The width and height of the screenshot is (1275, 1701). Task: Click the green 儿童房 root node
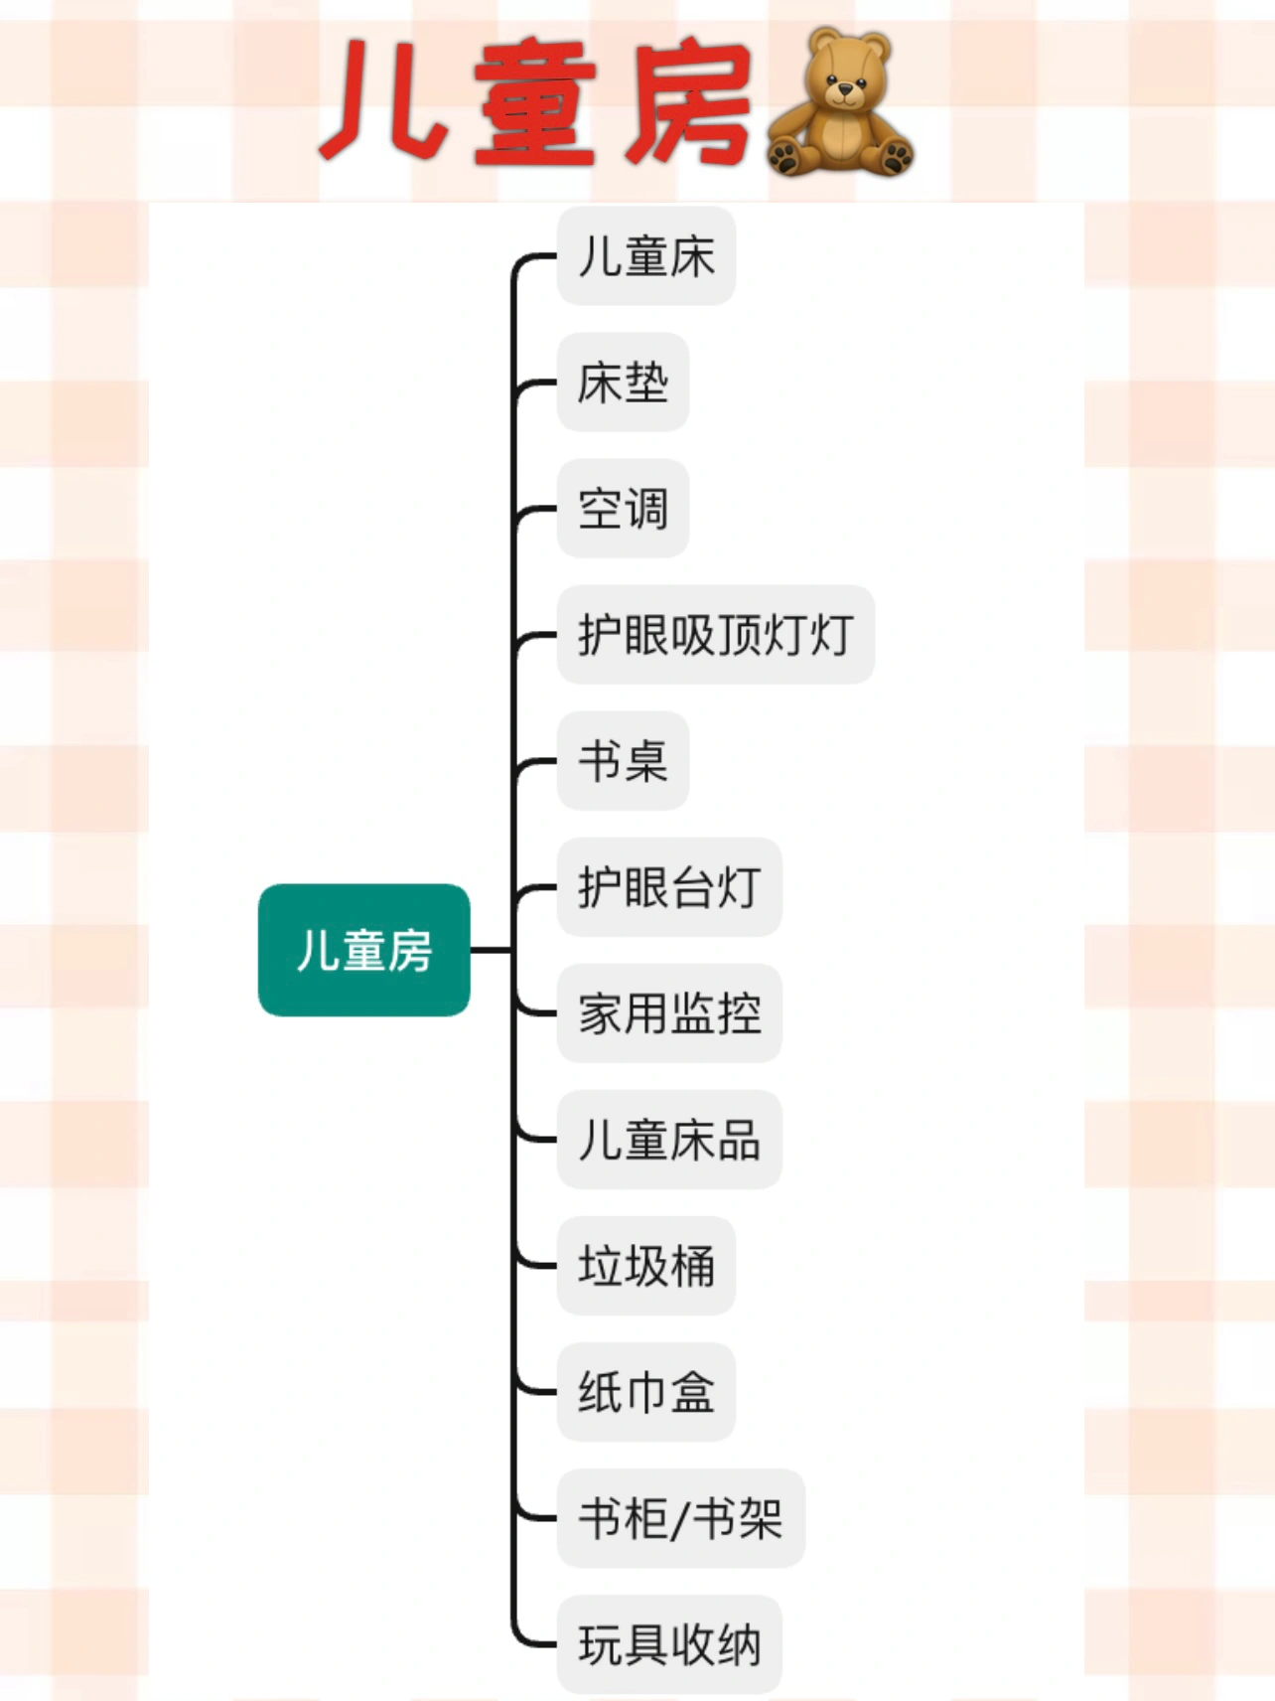tap(363, 950)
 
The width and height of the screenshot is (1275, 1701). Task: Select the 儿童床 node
tap(645, 256)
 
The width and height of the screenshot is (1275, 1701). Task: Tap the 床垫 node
tap(623, 383)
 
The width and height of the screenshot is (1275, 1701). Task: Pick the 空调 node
tap(623, 509)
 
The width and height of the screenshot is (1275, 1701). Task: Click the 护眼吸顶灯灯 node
tap(715, 635)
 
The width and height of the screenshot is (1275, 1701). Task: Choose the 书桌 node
tap(623, 761)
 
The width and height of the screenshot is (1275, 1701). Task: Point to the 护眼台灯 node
tap(669, 887)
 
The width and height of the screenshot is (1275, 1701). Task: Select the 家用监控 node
tap(669, 1013)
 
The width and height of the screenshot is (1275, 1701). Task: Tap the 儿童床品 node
tap(669, 1140)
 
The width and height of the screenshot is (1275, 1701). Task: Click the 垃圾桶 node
tap(645, 1266)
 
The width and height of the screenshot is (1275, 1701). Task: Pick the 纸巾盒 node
tap(645, 1392)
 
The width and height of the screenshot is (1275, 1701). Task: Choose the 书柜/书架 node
tap(680, 1518)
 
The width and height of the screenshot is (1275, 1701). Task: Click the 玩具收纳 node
tap(669, 1644)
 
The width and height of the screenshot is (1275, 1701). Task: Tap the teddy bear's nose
tap(845, 91)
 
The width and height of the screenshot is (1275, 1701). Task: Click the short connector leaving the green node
tap(491, 950)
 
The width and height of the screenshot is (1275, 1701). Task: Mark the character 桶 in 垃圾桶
tap(692, 1266)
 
